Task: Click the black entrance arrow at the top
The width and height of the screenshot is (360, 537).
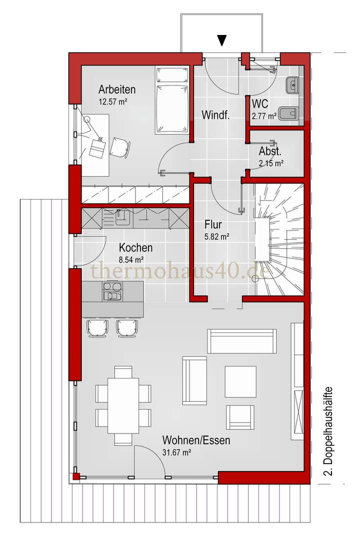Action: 222,40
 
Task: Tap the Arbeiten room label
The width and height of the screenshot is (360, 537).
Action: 117,89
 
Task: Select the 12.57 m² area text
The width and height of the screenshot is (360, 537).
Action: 113,101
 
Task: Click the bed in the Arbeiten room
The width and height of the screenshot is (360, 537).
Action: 172,100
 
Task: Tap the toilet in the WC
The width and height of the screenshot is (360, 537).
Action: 289,113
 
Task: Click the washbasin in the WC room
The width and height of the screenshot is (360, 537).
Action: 291,84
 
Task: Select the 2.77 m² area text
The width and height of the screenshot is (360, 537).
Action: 263,116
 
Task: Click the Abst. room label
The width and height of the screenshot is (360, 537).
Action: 270,151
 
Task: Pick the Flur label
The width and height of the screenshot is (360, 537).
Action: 213,224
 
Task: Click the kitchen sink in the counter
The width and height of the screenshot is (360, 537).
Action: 122,218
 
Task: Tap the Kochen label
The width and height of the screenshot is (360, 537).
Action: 135,247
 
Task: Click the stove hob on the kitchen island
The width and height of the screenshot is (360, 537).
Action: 111,291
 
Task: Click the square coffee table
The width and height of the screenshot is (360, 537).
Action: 240,381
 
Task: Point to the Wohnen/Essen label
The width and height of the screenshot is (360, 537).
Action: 196,439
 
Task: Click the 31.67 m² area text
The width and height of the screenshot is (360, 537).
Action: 176,452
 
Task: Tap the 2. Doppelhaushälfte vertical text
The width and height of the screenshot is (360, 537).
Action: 328,431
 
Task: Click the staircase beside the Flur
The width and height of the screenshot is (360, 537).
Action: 279,239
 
